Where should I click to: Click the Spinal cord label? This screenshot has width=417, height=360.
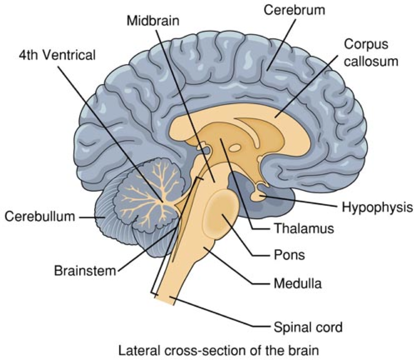pos(308,328)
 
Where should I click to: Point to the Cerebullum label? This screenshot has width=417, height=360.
pos(40,217)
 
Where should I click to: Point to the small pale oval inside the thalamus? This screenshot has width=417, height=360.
pos(235,148)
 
